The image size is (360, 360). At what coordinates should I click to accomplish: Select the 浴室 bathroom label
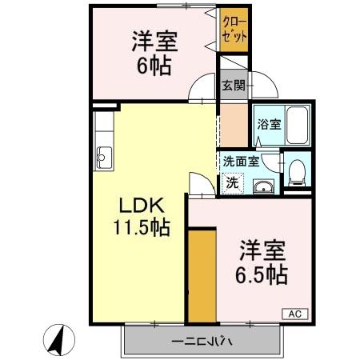pos(268,124)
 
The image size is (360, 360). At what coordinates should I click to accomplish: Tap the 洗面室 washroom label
pos(240,161)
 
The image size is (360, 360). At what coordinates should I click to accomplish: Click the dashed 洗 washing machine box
pos(232,182)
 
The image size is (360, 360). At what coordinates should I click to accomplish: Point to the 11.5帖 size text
pos(140,228)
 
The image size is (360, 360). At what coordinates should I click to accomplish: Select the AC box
pos(293,314)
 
